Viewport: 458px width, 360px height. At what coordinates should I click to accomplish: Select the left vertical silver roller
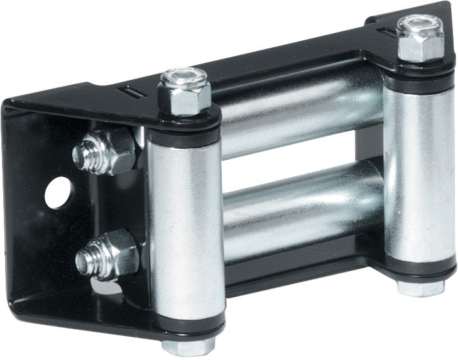point(187,232)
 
